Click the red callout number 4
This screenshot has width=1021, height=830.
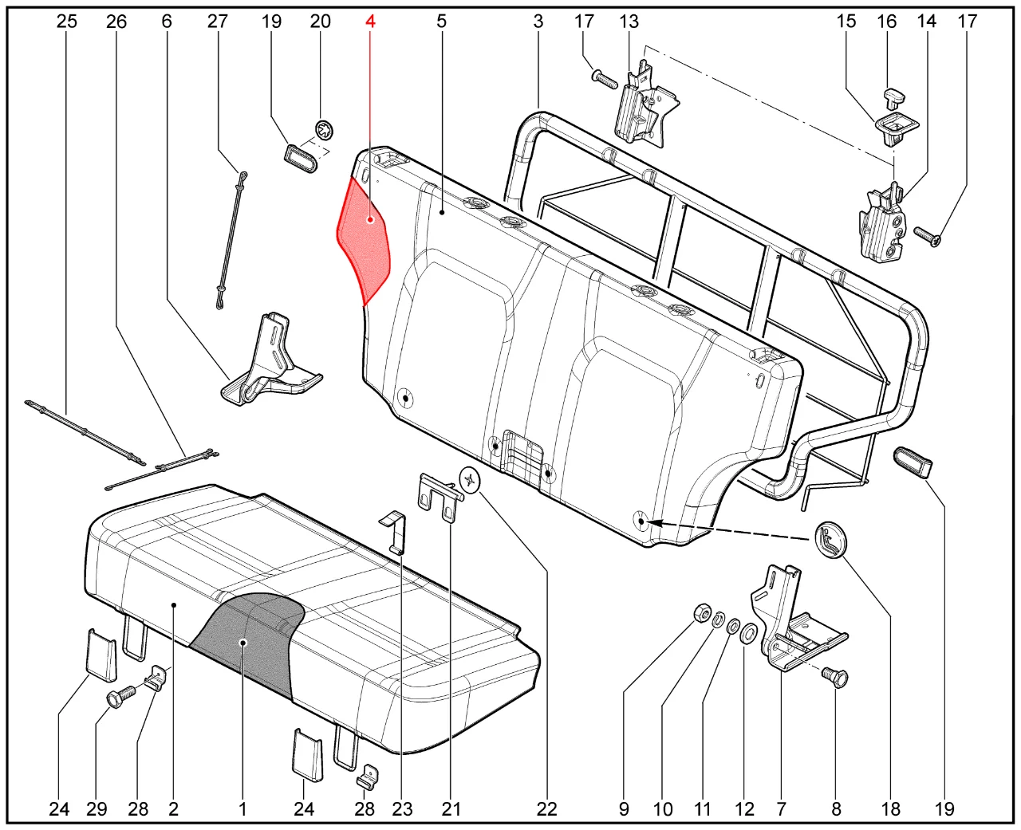point(370,21)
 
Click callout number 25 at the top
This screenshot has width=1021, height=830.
point(67,21)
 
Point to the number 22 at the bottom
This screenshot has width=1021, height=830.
point(546,808)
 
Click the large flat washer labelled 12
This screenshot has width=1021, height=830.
point(749,634)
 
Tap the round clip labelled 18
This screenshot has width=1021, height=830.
point(830,541)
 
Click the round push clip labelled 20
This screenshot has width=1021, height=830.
point(325,128)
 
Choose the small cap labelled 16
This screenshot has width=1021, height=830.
point(895,97)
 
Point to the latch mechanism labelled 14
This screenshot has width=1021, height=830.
point(882,224)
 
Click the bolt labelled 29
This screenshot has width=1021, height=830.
point(118,698)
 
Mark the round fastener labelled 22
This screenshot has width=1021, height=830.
point(471,480)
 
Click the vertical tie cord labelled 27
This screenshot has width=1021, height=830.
point(231,239)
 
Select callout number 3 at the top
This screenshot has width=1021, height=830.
point(538,21)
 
